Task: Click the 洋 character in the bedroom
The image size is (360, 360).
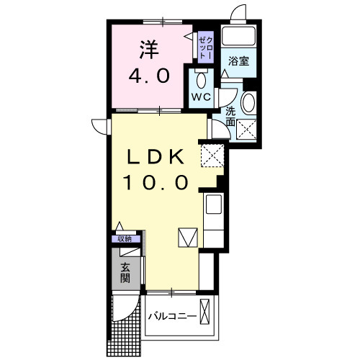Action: pyautogui.click(x=148, y=50)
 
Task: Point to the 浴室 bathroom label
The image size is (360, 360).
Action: pyautogui.click(x=238, y=61)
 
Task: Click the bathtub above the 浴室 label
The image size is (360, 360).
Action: pyautogui.click(x=239, y=37)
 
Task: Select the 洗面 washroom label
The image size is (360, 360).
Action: pyautogui.click(x=230, y=117)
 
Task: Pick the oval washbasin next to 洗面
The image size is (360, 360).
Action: pyautogui.click(x=248, y=103)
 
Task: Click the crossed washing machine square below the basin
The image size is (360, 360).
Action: pyautogui.click(x=248, y=130)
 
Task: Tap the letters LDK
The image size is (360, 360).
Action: pyautogui.click(x=157, y=157)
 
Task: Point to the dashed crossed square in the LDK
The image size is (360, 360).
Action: pyautogui.click(x=212, y=153)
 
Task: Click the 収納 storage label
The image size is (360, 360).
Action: pyautogui.click(x=125, y=239)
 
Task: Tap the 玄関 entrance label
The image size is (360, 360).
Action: pyautogui.click(x=126, y=274)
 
